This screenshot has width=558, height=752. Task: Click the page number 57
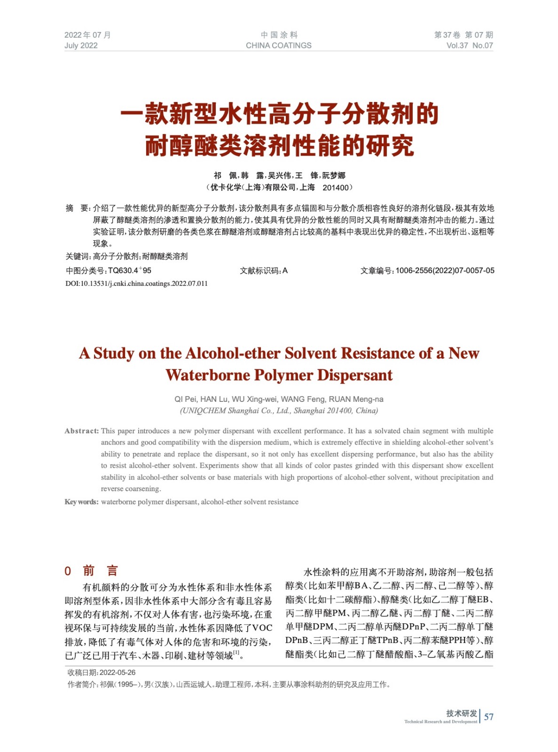(489, 717)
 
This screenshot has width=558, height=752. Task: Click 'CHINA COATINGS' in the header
(278, 46)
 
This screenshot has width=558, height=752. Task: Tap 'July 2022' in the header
(81, 46)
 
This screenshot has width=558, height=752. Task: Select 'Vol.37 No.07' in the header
(469, 46)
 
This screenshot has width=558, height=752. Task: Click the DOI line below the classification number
(136, 283)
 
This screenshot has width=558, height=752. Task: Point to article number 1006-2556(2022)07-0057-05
(444, 271)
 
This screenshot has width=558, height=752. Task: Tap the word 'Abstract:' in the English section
(81, 431)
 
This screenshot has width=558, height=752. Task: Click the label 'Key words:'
(81, 502)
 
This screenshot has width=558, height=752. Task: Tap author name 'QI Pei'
(185, 399)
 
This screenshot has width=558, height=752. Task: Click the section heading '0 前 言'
(91, 571)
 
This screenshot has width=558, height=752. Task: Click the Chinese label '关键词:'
(78, 257)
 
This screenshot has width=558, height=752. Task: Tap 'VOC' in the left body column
(262, 628)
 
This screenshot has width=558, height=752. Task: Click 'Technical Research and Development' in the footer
(440, 721)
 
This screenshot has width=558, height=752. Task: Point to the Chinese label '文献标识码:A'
(263, 271)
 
